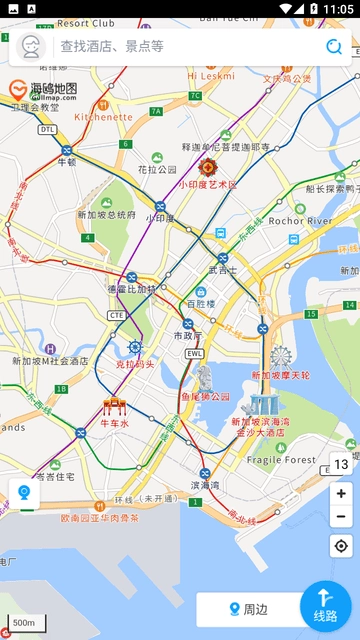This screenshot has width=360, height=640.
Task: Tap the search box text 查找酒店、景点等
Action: pyautogui.click(x=112, y=46)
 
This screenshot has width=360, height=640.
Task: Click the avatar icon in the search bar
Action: pyautogui.click(x=30, y=46)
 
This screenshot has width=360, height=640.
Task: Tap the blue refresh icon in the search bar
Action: pyautogui.click(x=333, y=46)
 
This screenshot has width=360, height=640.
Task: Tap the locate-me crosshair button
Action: pyautogui.click(x=341, y=546)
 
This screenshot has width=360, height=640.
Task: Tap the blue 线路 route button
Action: pyautogui.click(x=326, y=606)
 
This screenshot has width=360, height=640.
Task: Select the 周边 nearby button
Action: pyautogui.click(x=248, y=608)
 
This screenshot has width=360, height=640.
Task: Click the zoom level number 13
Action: pyautogui.click(x=341, y=464)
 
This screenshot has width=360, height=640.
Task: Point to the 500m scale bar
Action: pyautogui.click(x=24, y=623)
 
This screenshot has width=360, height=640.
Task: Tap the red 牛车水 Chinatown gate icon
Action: pyautogui.click(x=113, y=406)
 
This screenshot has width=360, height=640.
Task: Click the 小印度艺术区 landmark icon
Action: pyautogui.click(x=208, y=167)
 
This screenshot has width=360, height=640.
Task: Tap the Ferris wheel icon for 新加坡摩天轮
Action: pyautogui.click(x=280, y=357)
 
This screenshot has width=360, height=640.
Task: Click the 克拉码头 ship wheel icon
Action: pyautogui.click(x=135, y=348)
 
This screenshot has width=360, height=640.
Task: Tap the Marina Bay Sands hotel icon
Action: pyautogui.click(x=264, y=404)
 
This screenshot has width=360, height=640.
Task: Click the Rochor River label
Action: pyautogui.click(x=300, y=220)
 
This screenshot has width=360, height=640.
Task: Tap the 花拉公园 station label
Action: pyautogui.click(x=157, y=170)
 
